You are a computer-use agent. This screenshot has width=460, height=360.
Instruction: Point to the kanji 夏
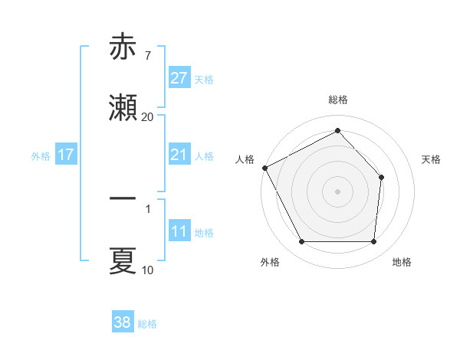tap(123, 260)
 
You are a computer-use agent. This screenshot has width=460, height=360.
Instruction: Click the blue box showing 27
tap(179, 78)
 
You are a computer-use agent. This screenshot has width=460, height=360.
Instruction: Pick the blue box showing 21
tap(179, 155)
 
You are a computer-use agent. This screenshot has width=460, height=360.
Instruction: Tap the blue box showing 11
tap(179, 232)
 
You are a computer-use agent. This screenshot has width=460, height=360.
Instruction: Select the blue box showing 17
tap(66, 155)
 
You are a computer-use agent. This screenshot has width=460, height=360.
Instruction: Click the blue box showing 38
tap(123, 323)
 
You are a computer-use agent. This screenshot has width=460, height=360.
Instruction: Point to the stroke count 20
tap(148, 117)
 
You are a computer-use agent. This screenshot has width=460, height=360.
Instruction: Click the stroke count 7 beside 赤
tap(147, 55)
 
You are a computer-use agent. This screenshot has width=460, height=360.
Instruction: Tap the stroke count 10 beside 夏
tap(148, 270)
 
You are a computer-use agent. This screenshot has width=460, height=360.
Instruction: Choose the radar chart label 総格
tap(338, 100)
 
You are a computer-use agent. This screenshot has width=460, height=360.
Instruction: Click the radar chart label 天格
tap(432, 159)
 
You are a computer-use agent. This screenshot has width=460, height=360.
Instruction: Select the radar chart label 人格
tap(245, 159)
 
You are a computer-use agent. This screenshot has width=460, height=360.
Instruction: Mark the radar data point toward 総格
tap(337, 131)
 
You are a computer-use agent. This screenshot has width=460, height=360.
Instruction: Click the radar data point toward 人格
tap(264, 168)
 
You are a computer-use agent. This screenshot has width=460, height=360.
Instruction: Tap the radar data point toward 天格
tap(382, 177)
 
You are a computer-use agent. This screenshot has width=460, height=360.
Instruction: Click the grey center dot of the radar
tap(337, 191)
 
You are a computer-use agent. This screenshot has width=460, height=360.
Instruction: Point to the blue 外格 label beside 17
tap(41, 156)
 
